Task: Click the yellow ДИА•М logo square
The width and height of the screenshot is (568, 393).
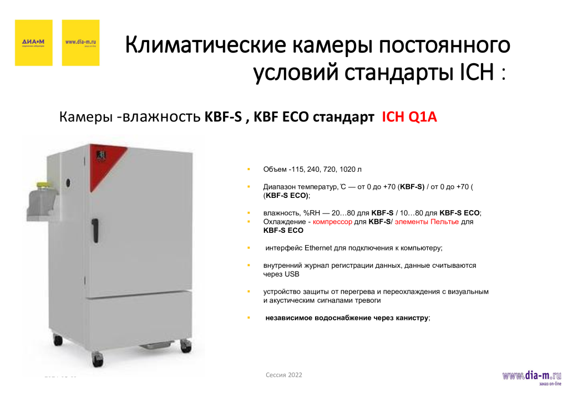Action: [x=33, y=43]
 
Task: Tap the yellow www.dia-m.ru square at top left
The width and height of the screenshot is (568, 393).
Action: [x=80, y=43]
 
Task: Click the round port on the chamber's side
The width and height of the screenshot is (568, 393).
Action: [x=70, y=181]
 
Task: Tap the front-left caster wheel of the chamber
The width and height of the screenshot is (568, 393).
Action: [x=98, y=360]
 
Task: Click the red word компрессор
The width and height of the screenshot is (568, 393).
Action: [x=332, y=222]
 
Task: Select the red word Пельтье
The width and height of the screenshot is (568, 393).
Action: [x=447, y=222]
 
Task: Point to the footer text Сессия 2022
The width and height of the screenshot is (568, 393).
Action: [x=284, y=375]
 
